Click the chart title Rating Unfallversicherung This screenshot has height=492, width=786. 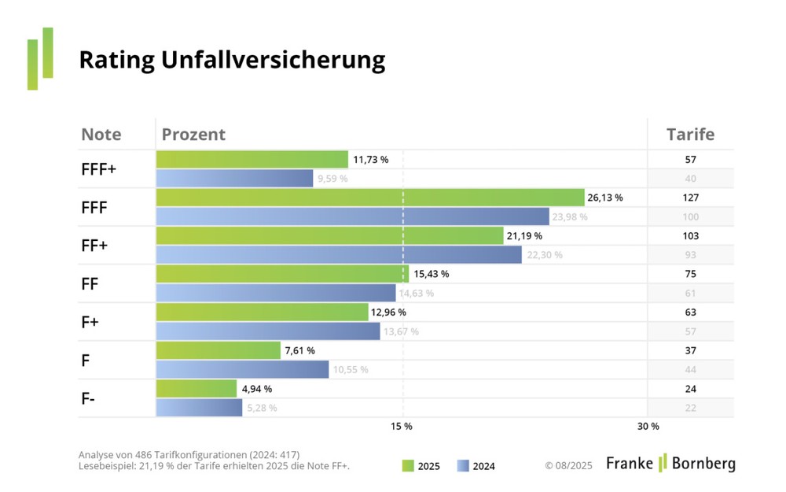point(232,61)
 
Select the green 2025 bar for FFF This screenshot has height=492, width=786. point(369,198)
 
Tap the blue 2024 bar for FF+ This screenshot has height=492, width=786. point(339,254)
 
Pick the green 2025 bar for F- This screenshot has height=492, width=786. point(196,389)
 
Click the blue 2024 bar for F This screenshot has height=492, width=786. point(242,369)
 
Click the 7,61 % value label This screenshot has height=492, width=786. point(300,350)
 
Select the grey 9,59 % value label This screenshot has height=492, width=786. point(333,179)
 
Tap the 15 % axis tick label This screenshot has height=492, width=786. point(402,426)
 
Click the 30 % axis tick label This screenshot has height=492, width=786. point(648,426)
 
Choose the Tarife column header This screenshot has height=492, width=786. point(690,135)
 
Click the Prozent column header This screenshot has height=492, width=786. point(193,135)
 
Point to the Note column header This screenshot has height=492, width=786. point(101,135)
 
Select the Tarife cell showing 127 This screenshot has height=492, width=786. point(690,198)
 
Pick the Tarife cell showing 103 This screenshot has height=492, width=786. point(690,235)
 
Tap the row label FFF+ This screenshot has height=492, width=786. point(99,169)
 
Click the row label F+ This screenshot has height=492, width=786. point(90,322)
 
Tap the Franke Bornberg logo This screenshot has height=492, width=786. point(670,463)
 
